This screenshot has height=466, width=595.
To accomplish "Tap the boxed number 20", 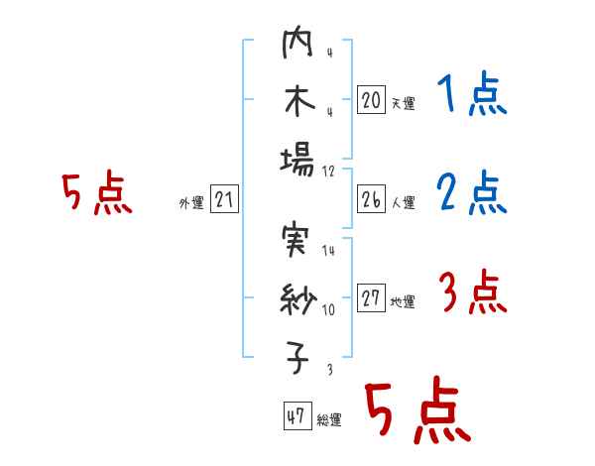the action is pyautogui.click(x=371, y=100).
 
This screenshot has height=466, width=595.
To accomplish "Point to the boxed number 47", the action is pyautogui.click(x=295, y=417).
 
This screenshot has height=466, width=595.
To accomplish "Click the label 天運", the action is pyautogui.click(x=403, y=103).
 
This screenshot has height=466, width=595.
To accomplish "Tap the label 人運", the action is pyautogui.click(x=403, y=203).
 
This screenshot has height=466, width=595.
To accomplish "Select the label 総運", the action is pyautogui.click(x=329, y=420).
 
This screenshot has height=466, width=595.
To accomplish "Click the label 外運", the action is pyautogui.click(x=191, y=203).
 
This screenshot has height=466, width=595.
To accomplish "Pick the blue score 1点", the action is pyautogui.click(x=471, y=95).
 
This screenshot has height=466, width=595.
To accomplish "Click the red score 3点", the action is pyautogui.click(x=471, y=293).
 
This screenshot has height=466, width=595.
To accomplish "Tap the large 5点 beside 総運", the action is pyautogui.click(x=416, y=411).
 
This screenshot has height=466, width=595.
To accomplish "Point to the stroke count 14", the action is pyautogui.click(x=328, y=251).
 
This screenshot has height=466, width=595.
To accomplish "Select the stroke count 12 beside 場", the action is pyautogui.click(x=329, y=170).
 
